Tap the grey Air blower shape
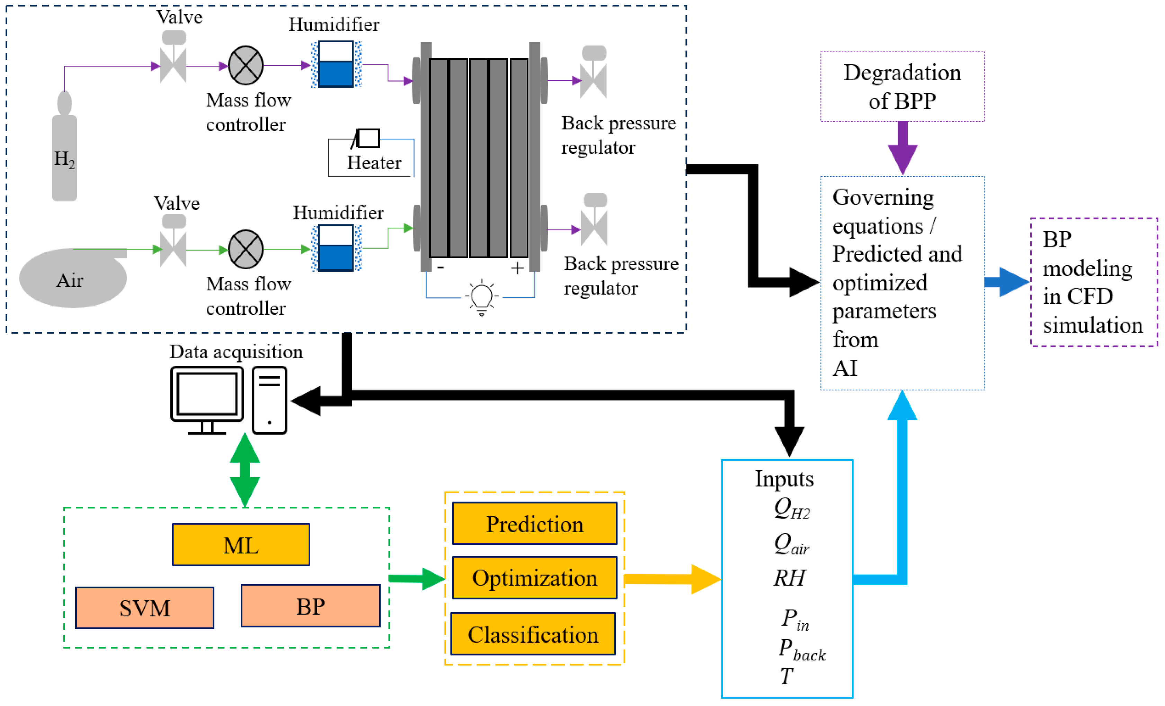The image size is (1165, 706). pos(71,279)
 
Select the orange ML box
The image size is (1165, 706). pos(241,544)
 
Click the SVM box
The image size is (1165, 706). pos(145,608)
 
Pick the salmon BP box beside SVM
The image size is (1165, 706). pos(310,606)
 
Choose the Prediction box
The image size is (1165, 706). pos(534,524)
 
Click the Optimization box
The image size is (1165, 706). pos(534,578)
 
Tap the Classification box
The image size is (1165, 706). pos(533,634)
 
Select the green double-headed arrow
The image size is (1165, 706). pos(244,470)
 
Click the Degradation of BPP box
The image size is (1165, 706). pos(902,87)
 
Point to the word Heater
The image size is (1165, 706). pos(374,163)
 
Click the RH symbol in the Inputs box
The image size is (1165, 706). pos(789,578)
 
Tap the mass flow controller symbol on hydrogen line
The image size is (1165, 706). pos(246,66)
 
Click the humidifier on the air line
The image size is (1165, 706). pos(336,248)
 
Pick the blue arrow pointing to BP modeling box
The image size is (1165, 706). pos(1006,282)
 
